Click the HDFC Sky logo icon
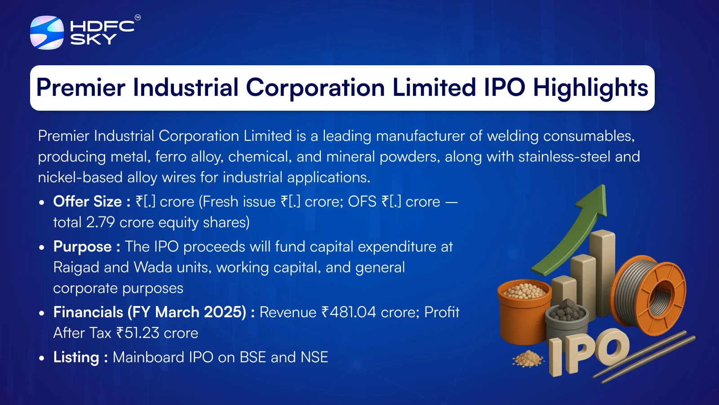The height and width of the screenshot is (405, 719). [x=47, y=32]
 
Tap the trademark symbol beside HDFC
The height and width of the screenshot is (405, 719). [x=138, y=18]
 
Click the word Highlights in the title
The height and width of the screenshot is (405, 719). [x=590, y=88]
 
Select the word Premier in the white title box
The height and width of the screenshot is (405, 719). [x=80, y=87]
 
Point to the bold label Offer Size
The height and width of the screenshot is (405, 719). [x=87, y=202]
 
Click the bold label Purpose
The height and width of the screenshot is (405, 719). [x=83, y=247]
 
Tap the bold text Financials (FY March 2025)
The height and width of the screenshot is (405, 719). [x=150, y=312]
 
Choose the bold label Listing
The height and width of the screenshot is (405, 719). [x=76, y=357]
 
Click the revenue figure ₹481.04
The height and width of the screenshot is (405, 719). [x=349, y=312]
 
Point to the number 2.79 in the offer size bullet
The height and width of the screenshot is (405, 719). [x=101, y=222]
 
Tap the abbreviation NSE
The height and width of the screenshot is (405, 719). [x=314, y=357]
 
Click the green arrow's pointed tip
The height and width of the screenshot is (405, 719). [x=604, y=185]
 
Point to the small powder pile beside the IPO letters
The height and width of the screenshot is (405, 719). [x=528, y=359]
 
